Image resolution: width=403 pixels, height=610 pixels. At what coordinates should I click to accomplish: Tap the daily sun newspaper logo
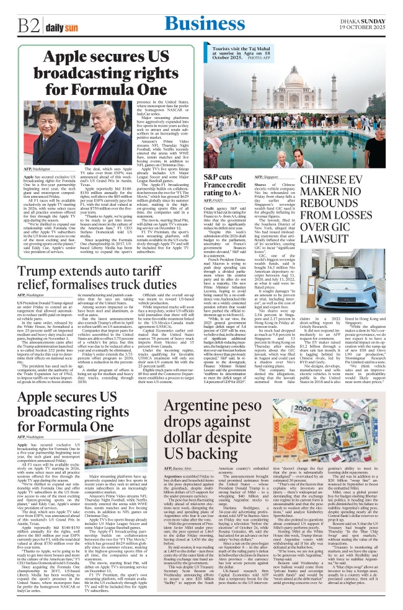click(x=58, y=26)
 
